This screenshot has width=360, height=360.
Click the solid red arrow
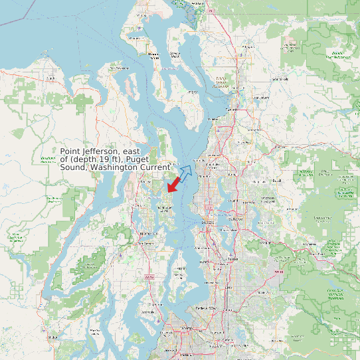174,183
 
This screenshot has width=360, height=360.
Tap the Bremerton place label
148,234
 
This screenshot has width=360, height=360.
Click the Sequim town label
50,78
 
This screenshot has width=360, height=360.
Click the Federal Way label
204,308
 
